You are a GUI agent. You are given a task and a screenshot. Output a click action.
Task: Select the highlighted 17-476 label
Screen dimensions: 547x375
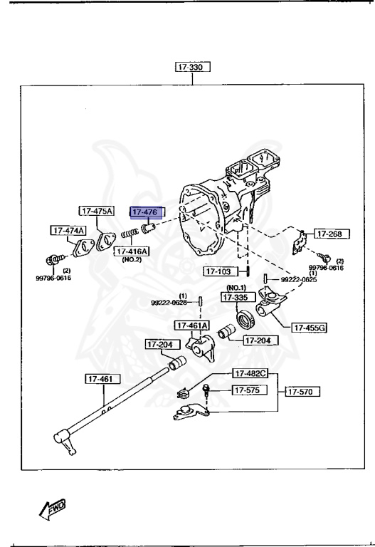coord(146,212)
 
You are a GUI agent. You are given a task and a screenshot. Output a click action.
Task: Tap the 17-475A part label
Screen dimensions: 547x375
coord(97,211)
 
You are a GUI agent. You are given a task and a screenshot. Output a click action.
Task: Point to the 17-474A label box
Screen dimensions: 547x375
coord(68,230)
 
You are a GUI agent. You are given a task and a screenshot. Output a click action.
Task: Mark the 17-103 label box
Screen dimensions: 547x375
coord(219,271)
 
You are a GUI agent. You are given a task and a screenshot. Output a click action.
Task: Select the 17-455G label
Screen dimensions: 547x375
coord(309,328)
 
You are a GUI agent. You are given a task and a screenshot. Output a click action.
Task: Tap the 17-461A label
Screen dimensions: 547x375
coord(192,325)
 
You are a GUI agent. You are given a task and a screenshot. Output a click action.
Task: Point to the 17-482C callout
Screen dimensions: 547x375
coord(250,373)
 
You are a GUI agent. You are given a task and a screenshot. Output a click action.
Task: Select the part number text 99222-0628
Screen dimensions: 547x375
coord(169,303)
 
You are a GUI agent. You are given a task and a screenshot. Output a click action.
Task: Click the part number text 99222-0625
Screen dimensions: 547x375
coord(298,280)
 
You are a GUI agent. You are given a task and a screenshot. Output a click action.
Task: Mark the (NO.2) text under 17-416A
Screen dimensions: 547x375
coord(132,260)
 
